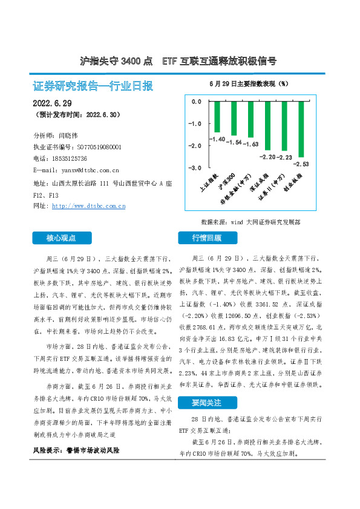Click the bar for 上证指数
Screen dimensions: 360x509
coord(217,117)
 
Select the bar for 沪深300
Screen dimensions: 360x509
coord(234,118)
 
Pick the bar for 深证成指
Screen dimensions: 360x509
coord(267,125)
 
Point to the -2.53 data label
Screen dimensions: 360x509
coord(301,163)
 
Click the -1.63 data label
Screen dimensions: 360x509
coord(250,144)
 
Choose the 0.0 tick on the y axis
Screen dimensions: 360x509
coord(195,102)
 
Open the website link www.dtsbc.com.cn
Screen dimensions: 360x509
coord(89,206)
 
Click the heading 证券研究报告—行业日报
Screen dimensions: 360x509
coord(93,85)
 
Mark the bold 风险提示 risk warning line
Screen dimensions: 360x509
coord(76,451)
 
